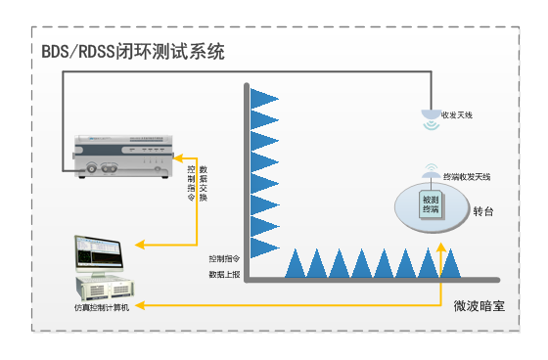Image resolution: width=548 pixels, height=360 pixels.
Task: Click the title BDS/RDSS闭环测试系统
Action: (x=133, y=52)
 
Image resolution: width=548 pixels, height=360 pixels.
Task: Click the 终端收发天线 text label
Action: (x=467, y=176)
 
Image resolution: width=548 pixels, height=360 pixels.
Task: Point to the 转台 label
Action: (x=483, y=210)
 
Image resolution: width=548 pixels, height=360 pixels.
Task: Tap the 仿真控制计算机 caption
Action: (x=105, y=308)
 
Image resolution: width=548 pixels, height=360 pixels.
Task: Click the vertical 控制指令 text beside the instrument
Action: (x=191, y=182)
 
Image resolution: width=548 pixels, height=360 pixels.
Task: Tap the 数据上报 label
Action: (x=224, y=275)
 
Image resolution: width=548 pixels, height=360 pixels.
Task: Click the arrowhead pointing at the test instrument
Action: (x=178, y=157)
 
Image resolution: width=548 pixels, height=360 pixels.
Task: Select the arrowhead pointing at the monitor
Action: (x=140, y=243)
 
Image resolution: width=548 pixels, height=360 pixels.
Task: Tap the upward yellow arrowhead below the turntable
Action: (x=442, y=253)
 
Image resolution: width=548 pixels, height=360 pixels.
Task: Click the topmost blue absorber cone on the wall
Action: (x=263, y=97)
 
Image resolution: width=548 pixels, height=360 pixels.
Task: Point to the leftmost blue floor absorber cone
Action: (x=296, y=263)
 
